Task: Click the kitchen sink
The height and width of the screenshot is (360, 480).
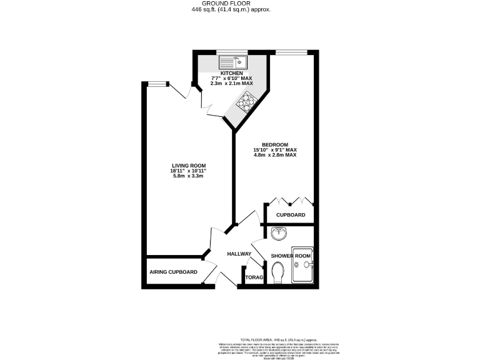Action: pyautogui.click(x=232, y=62)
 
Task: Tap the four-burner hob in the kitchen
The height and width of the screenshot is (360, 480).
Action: pyautogui.click(x=246, y=101)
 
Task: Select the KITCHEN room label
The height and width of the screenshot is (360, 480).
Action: pyautogui.click(x=223, y=73)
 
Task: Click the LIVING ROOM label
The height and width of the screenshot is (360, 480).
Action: pyautogui.click(x=189, y=166)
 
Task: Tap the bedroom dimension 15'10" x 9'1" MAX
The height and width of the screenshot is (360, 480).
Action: pyautogui.click(x=274, y=150)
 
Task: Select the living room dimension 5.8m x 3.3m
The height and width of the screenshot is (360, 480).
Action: pyautogui.click(x=189, y=176)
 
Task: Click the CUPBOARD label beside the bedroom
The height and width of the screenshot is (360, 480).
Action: pyautogui.click(x=291, y=215)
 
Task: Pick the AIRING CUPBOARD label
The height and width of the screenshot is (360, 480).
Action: pyautogui.click(x=173, y=272)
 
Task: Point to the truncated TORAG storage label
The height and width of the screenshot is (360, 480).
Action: pyautogui.click(x=254, y=277)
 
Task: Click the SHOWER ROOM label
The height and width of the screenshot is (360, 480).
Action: pyautogui.click(x=291, y=256)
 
